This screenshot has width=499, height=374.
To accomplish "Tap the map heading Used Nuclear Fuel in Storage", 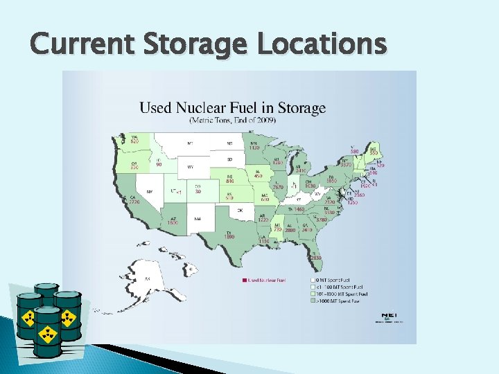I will [x=233, y=108].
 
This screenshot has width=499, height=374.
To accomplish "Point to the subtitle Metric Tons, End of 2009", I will [x=233, y=120].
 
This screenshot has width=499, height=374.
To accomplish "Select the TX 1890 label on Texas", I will [x=229, y=234].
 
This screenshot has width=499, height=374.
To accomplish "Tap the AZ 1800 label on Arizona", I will [x=173, y=220].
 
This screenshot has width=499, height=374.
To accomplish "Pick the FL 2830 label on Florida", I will [x=315, y=256].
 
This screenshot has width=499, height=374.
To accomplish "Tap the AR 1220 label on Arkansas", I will [x=263, y=217].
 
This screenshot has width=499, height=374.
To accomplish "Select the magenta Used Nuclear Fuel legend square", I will [x=244, y=280].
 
